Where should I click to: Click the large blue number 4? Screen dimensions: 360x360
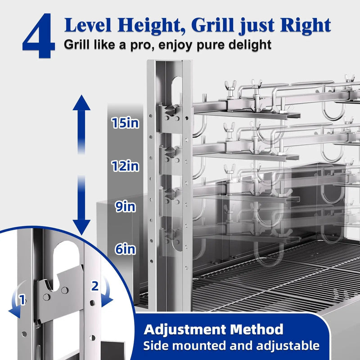39,36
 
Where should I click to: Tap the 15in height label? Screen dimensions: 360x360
126,123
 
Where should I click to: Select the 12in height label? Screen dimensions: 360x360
126,166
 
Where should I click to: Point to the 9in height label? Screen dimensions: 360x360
126,207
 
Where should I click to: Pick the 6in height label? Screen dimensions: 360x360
126,249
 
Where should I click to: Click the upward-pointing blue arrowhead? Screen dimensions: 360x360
81,103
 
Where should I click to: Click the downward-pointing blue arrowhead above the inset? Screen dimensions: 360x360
81,227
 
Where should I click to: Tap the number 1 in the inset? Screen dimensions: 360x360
22,300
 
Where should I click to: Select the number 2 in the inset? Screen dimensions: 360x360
95,286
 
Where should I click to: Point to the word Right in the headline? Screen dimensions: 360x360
306,25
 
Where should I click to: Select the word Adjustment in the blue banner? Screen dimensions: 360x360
185,330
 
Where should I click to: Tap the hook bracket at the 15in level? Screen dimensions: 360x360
170,117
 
